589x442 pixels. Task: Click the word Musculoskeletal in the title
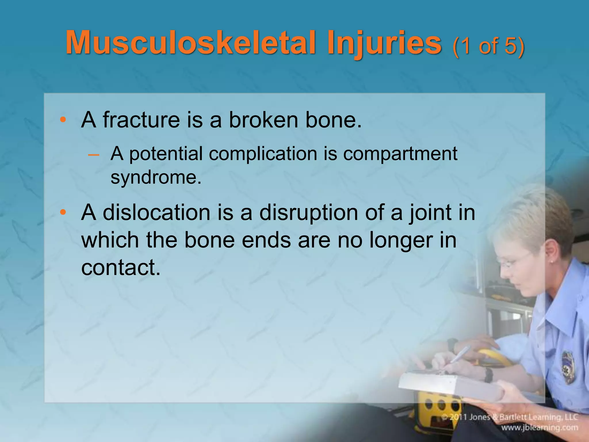coord(190,43)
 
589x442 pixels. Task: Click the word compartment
coord(400,154)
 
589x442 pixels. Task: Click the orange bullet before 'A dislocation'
coord(63,213)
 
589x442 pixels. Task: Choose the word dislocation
coord(156,213)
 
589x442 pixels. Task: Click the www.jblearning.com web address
coord(540,427)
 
